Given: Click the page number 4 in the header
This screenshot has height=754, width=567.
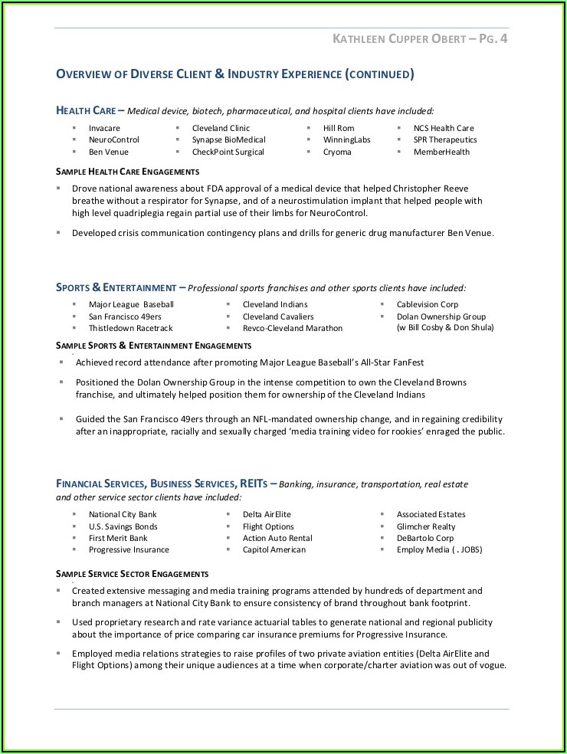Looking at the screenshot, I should click(503, 38).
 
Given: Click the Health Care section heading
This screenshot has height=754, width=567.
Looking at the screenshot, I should click(86, 110).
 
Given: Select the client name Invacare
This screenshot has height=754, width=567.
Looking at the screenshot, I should click(104, 128).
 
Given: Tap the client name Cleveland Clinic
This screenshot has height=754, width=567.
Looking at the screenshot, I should click(221, 128).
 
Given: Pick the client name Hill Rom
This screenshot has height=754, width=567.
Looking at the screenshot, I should click(339, 128).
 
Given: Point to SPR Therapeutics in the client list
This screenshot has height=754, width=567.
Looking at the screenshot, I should click(445, 140).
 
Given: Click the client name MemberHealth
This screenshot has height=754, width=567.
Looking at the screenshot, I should click(442, 152).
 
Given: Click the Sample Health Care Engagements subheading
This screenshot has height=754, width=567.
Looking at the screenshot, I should click(127, 172).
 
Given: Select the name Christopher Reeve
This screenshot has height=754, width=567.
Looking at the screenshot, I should click(431, 188).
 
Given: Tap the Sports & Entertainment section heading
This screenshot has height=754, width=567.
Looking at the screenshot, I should click(116, 287).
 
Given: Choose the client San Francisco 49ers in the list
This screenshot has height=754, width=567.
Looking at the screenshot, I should click(125, 316).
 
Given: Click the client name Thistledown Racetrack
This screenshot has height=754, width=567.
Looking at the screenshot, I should click(130, 328).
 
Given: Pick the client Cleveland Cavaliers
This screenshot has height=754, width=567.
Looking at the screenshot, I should click(278, 316).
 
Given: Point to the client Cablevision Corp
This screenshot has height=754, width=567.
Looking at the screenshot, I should click(428, 304).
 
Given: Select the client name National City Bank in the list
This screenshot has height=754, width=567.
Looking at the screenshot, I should click(123, 514).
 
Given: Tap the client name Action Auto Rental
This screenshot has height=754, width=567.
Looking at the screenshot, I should click(277, 538).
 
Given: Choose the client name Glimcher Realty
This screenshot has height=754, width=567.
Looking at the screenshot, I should click(426, 526).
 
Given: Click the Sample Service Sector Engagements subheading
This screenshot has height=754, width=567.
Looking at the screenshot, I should click(132, 573).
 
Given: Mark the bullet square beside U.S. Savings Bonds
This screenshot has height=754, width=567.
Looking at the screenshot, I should click(74, 526).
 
